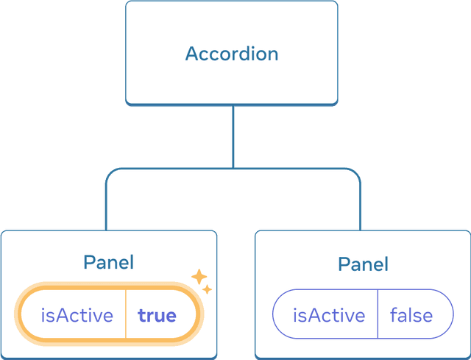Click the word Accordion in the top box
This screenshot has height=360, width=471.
(231, 54)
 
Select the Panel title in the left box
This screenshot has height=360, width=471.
(108, 263)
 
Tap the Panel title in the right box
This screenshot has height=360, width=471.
(363, 264)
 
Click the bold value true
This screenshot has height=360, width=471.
(157, 316)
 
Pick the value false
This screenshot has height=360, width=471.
(411, 316)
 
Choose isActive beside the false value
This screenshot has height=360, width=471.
(328, 316)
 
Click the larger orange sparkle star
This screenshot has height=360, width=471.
(199, 277)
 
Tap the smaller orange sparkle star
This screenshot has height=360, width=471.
(208, 290)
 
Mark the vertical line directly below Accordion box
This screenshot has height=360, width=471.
(232, 136)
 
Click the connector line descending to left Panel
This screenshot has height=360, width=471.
(105, 206)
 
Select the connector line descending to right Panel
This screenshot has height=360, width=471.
(360, 206)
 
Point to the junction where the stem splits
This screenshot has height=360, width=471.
(232, 169)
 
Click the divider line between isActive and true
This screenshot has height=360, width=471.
(126, 316)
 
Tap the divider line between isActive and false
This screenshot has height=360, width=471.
(378, 316)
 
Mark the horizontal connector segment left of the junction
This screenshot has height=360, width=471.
(169, 169)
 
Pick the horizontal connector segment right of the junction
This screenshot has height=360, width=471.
(294, 169)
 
